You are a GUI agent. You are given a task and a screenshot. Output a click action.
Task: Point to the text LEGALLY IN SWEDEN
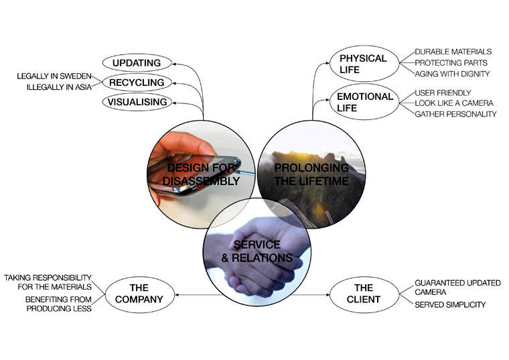[x=54, y=76]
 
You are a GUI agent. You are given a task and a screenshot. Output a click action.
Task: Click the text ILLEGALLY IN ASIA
[x=59, y=87]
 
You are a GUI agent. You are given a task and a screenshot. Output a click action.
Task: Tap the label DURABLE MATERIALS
[x=453, y=52]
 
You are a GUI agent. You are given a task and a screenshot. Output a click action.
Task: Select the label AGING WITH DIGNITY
[x=452, y=74]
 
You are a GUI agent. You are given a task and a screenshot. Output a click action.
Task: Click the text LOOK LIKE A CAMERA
[x=454, y=103]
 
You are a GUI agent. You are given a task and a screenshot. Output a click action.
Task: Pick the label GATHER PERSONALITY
[x=456, y=114]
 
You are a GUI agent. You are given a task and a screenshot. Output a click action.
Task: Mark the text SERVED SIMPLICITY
[x=450, y=304]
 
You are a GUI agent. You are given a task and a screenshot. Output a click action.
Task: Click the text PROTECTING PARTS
[x=451, y=63]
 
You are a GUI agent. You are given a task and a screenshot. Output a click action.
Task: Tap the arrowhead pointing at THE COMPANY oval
[x=177, y=295]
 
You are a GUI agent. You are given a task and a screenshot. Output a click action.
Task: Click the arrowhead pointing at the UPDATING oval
[x=174, y=64]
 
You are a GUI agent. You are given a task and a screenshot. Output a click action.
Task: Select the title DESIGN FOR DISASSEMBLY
[x=202, y=174]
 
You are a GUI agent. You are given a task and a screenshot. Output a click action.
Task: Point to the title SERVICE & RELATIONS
[x=257, y=251]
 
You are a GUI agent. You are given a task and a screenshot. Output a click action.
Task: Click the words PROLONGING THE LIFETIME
[x=311, y=174]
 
